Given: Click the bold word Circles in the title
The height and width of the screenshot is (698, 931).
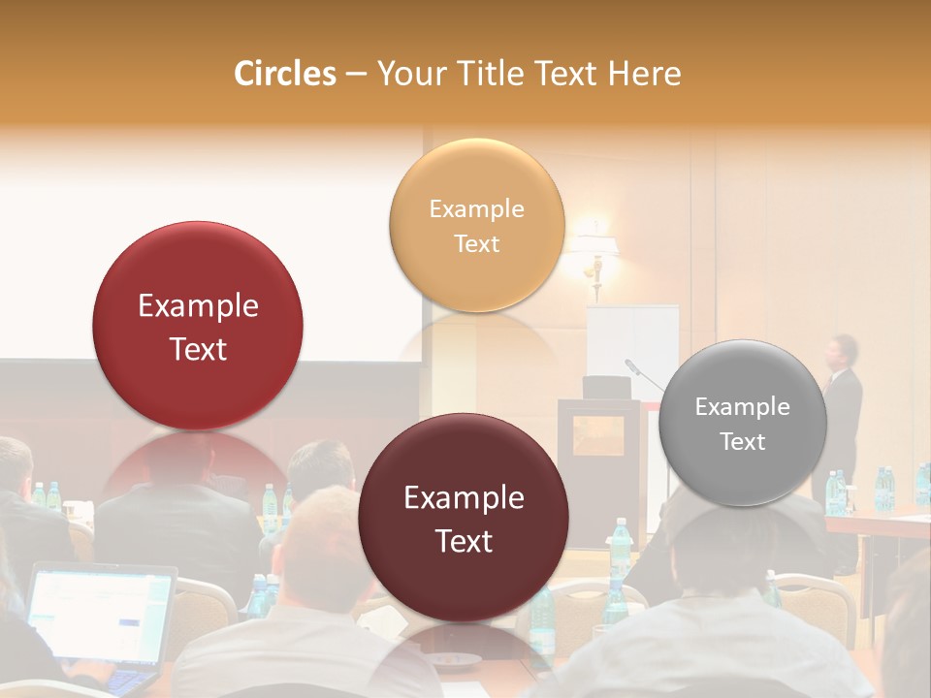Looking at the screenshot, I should point(284,74).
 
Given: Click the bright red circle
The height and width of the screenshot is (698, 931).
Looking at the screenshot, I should point(198,326).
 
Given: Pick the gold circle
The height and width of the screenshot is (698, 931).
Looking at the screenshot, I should point(476,225).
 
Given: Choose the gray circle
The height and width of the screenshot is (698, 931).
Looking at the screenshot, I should point(742,423).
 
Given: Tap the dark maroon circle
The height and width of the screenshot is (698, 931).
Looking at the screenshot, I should point(464,518).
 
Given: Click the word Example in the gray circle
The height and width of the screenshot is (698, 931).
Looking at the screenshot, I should point(742,407).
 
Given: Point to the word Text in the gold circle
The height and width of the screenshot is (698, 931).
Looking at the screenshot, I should point(476,243).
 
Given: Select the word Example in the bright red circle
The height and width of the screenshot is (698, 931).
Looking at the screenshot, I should point(198,306).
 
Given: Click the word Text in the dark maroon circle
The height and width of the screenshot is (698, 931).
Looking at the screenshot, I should point(464,541).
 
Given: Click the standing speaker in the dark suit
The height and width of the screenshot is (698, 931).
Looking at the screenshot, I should point(841,407).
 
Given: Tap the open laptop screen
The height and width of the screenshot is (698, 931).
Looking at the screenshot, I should point(99,615).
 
